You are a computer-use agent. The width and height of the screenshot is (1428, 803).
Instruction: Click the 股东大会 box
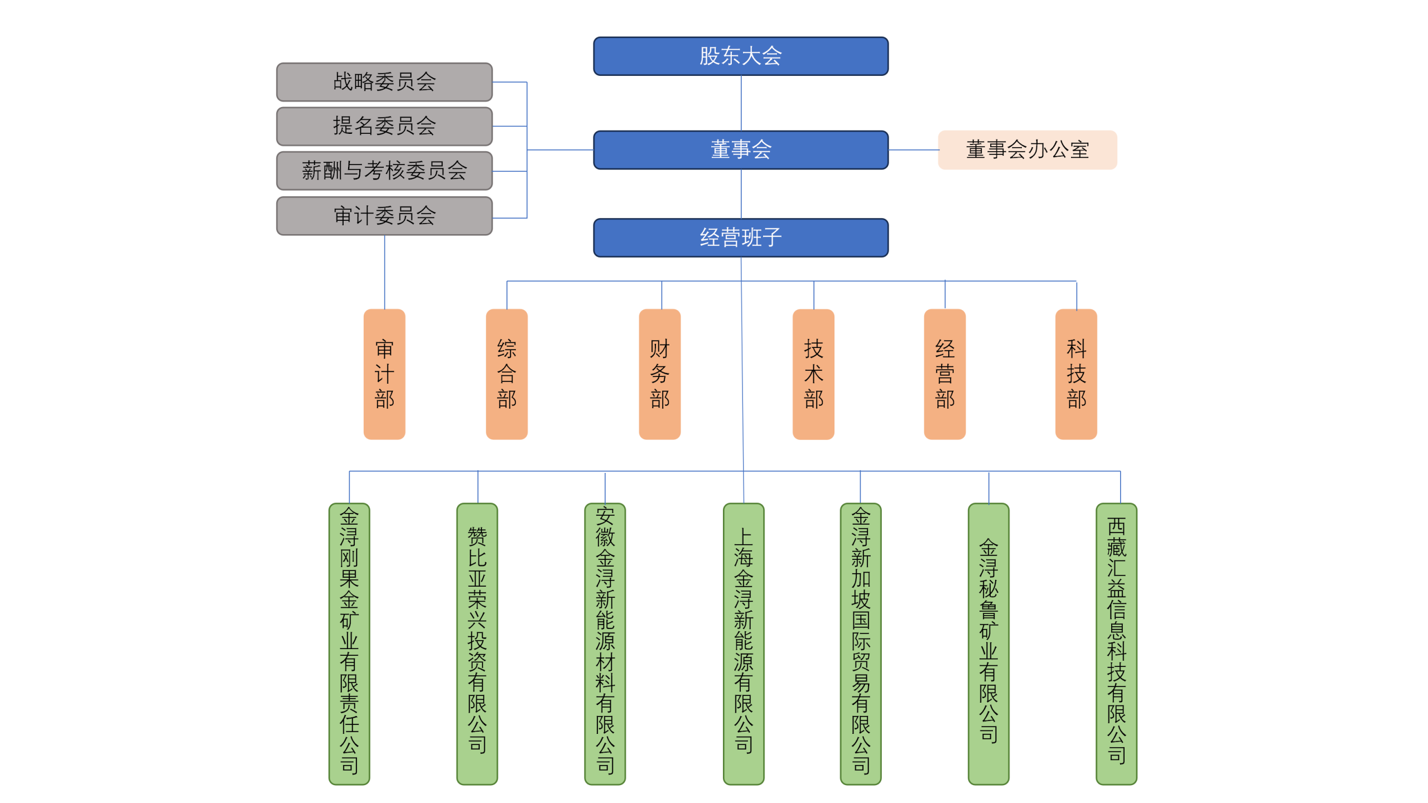coord(740,56)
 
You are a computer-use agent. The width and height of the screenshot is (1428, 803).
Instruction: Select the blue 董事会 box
coord(740,150)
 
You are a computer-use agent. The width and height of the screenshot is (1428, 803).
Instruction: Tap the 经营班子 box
coord(740,238)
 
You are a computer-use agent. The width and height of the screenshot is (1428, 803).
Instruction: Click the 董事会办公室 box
coord(1027,150)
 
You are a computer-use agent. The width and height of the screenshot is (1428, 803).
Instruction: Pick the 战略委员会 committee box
coord(384,82)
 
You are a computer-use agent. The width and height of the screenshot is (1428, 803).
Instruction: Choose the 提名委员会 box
coord(384,126)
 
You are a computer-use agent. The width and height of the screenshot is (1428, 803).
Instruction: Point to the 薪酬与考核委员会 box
coord(384,171)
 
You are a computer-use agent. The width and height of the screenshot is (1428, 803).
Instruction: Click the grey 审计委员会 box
coord(384,216)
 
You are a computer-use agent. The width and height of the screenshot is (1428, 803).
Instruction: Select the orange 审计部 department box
coord(384,374)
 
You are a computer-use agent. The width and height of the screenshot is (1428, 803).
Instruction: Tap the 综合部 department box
coord(506,374)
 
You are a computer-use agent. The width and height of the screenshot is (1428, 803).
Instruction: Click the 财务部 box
coord(659,374)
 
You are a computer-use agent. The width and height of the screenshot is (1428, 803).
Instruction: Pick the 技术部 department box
coord(813,374)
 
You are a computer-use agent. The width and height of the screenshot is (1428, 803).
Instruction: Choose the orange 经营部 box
coord(944,374)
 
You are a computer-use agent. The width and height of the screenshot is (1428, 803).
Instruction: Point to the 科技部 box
coord(1076,374)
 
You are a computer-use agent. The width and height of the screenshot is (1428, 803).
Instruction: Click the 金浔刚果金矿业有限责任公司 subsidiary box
coord(349,644)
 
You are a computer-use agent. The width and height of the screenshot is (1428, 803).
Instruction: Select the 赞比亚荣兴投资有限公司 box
coord(477,644)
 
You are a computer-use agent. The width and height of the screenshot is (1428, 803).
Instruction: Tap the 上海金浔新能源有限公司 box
coord(744,644)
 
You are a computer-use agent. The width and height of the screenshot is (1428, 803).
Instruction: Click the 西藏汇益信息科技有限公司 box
coord(1116,644)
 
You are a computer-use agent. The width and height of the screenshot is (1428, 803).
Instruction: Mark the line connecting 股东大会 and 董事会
coord(741,103)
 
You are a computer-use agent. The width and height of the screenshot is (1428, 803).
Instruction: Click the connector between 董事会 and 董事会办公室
coord(913,150)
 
